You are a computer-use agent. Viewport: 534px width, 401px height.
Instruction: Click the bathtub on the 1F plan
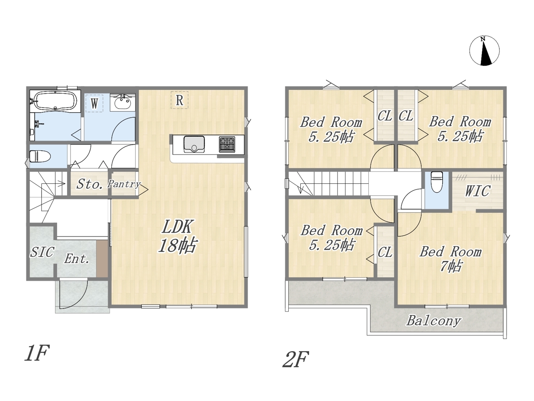[55, 101]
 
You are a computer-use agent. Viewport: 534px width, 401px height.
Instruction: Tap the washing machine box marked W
[94, 104]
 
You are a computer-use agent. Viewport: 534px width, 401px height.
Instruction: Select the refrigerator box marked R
[179, 100]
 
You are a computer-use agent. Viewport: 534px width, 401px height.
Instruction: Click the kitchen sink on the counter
[194, 145]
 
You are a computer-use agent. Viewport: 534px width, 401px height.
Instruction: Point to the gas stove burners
[227, 145]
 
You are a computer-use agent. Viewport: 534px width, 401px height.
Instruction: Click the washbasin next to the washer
[122, 102]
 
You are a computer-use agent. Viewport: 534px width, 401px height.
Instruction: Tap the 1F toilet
[40, 156]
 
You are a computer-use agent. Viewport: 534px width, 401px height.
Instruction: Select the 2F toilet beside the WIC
[437, 182]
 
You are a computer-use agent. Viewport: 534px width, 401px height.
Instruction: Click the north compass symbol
[484, 51]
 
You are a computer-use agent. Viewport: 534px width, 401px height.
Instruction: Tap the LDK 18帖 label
[178, 236]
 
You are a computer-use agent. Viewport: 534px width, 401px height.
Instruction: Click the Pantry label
[124, 184]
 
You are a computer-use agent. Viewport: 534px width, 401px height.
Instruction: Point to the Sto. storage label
[89, 184]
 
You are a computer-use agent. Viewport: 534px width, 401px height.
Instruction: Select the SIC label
[42, 252]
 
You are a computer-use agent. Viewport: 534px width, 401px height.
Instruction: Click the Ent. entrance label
[76, 259]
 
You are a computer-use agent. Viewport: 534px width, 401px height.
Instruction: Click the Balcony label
[434, 321]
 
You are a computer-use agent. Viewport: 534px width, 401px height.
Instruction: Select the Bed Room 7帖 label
[451, 259]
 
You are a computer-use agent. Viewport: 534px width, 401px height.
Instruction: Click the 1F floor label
[37, 353]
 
